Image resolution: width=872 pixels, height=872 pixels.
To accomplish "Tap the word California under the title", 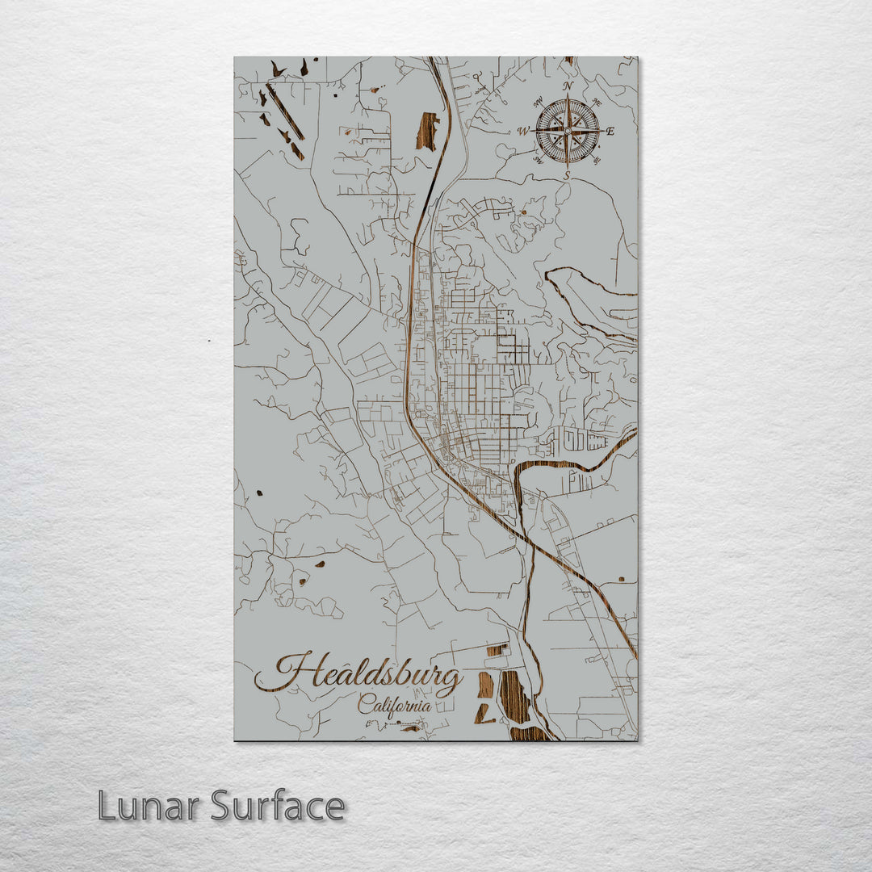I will (394, 704).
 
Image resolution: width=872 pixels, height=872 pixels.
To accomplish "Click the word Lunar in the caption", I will (149, 806).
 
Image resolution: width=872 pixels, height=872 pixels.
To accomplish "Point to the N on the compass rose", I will (568, 86).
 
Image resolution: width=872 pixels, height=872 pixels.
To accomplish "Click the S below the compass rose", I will (567, 174).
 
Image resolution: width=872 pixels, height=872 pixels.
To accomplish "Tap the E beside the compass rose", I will (610, 131).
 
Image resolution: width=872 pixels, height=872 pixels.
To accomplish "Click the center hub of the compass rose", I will (568, 131).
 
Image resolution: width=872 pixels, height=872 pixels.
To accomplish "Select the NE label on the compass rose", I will (597, 103).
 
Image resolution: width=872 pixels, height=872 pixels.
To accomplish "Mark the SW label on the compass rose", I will (538, 159).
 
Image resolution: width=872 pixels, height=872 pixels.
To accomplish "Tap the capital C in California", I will (365, 703).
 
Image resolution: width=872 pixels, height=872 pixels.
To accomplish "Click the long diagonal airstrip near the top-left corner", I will (284, 111).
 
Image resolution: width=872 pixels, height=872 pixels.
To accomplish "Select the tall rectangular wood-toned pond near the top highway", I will (427, 132).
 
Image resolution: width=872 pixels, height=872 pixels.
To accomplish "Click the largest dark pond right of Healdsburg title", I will (514, 696).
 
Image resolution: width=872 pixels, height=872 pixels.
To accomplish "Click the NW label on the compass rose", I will (539, 103).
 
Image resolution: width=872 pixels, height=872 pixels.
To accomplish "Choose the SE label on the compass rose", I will (597, 159).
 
